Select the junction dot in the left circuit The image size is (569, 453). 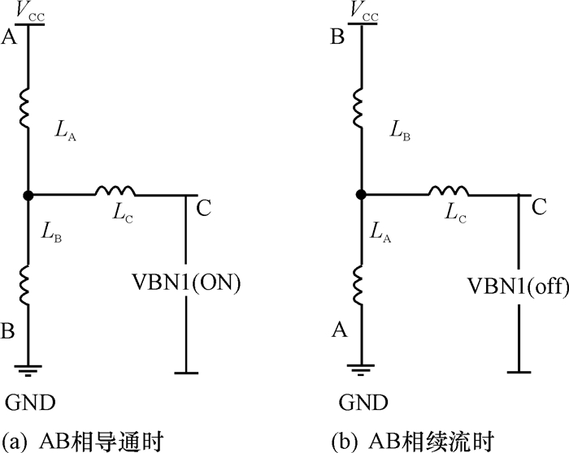click(x=28, y=195)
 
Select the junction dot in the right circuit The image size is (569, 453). click(x=359, y=195)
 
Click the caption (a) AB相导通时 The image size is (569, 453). click(x=85, y=441)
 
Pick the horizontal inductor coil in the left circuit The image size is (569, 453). click(x=115, y=192)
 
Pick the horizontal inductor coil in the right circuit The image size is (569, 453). click(x=445, y=192)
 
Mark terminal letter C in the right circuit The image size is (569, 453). click(x=536, y=207)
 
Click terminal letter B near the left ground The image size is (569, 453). click(x=11, y=331)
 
